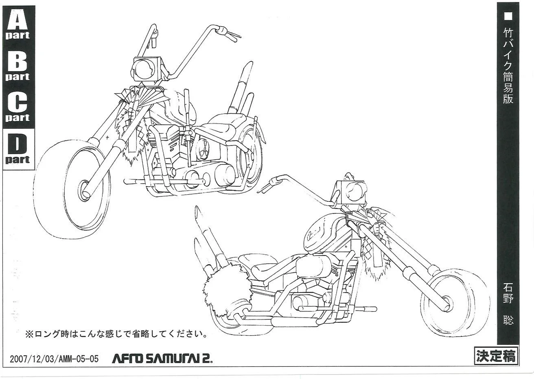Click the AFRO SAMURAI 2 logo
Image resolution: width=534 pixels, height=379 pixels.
point(162,359)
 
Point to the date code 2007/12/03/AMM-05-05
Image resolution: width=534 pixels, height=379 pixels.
point(54,359)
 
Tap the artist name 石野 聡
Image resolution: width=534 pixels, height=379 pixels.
point(508,310)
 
